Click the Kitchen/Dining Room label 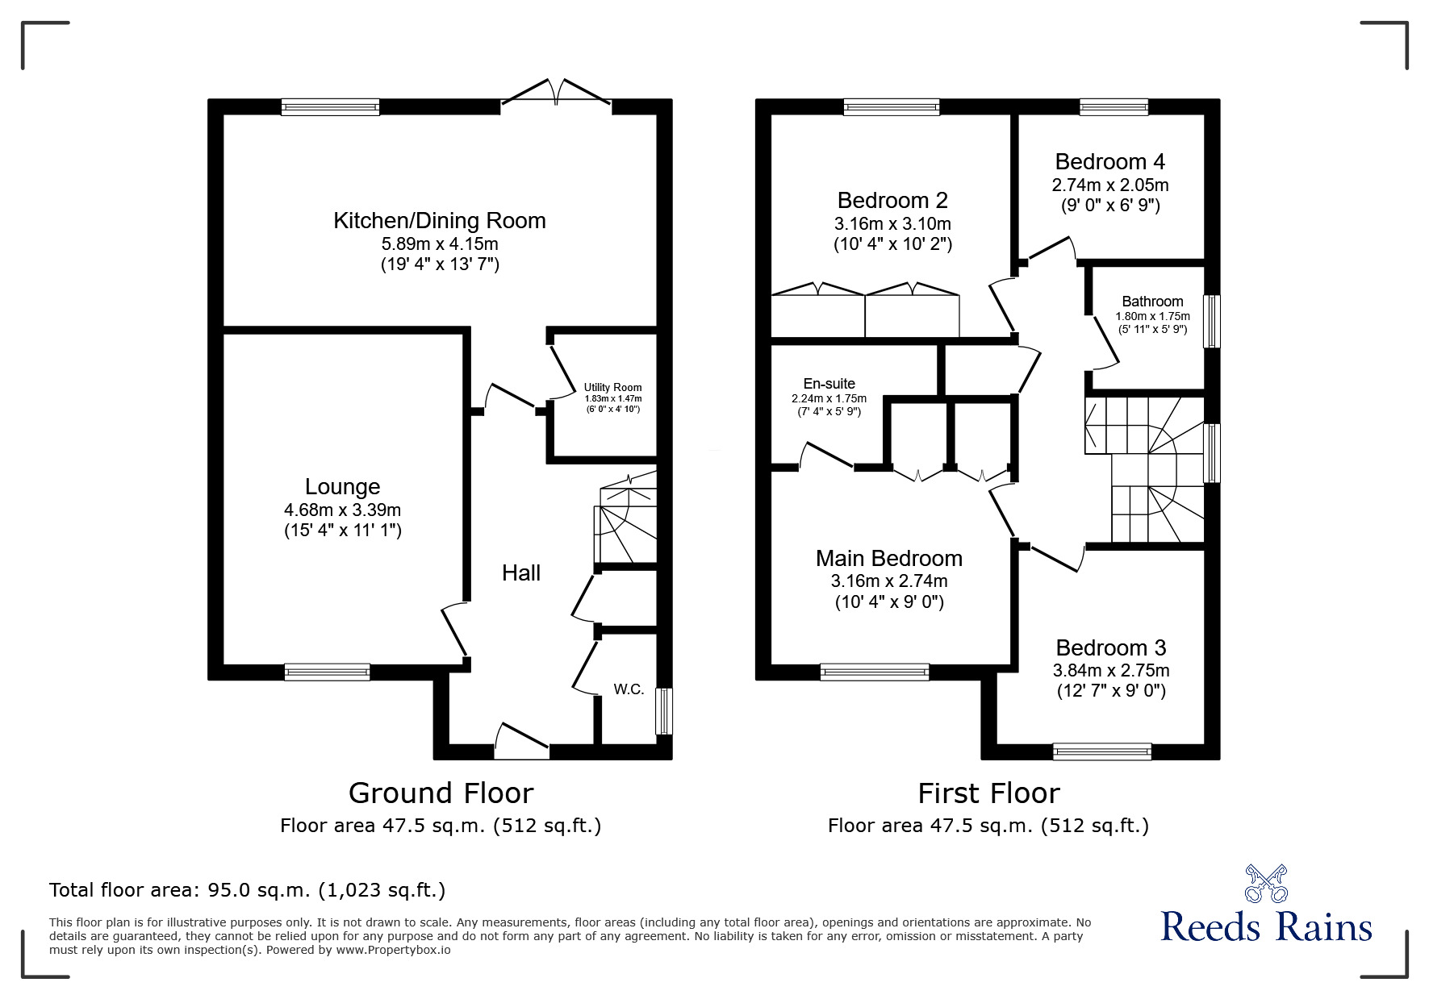[440, 220]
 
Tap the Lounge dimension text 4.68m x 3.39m [342, 510]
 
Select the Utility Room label [612, 388]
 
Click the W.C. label [629, 689]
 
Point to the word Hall [520, 573]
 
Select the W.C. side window [664, 710]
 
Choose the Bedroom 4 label [1109, 162]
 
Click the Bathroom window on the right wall [1211, 321]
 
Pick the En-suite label [829, 384]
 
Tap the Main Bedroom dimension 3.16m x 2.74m [888, 581]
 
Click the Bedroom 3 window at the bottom [1101, 751]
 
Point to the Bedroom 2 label [892, 200]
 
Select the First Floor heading [988, 793]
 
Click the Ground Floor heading [441, 793]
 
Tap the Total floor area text [247, 890]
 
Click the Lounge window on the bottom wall [327, 672]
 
